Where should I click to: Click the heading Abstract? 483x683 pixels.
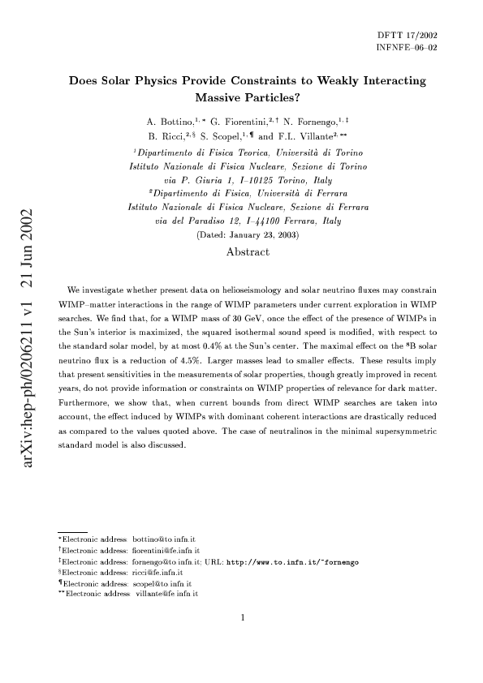(248, 230)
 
